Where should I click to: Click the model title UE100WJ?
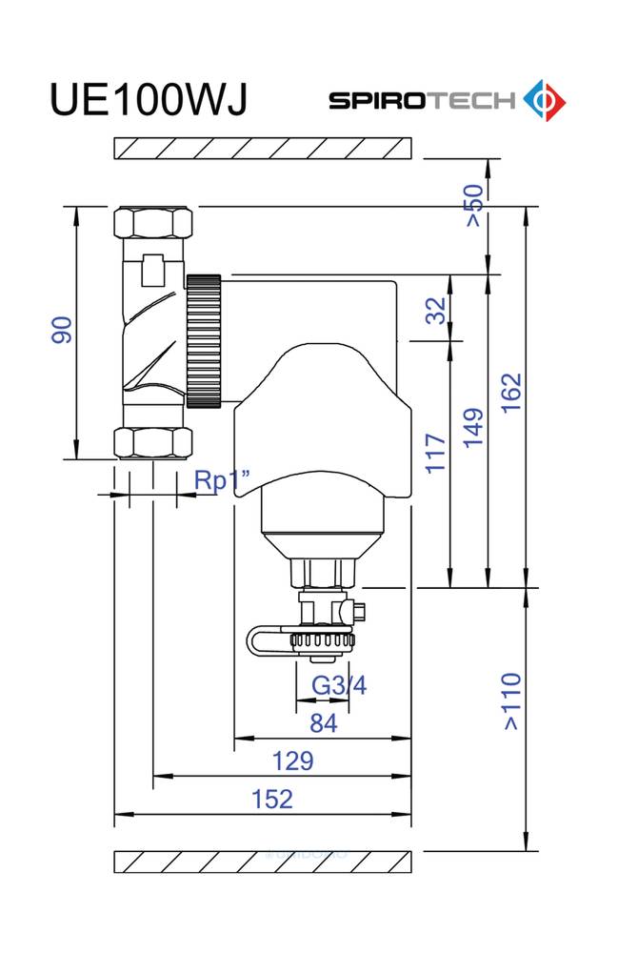[149, 100]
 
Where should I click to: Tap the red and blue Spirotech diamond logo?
[545, 100]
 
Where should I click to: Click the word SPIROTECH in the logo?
[422, 100]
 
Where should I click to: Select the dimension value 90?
[62, 330]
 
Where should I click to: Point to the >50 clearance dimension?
[475, 206]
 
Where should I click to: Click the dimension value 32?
[436, 310]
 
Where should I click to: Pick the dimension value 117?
[435, 453]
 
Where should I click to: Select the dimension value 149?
[473, 428]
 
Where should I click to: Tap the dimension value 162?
[511, 393]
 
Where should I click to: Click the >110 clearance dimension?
[511, 700]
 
